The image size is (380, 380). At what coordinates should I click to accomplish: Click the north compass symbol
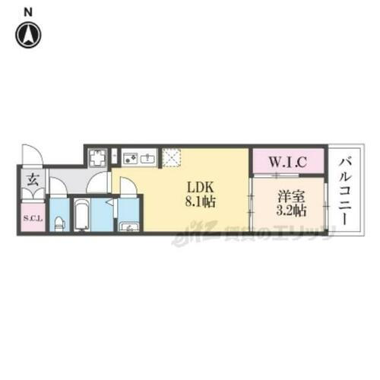(30, 34)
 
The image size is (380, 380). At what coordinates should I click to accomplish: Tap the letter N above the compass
(29, 11)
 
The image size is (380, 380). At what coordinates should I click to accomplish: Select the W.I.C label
(288, 162)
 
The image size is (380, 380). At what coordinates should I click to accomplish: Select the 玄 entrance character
(33, 181)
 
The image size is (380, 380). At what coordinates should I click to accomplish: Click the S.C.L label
(33, 220)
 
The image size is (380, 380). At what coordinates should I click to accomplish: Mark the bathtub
(81, 215)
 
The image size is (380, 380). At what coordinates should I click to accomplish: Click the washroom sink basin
(129, 226)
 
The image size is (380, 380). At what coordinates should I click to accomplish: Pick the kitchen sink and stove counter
(138, 158)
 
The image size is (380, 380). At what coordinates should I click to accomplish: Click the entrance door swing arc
(33, 155)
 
